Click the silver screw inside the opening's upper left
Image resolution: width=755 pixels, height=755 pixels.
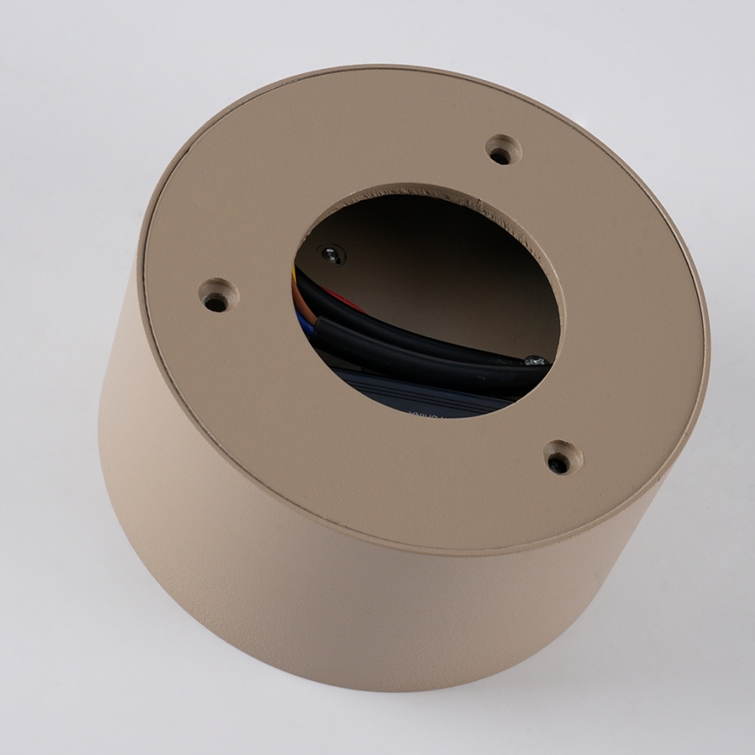tap(331, 254)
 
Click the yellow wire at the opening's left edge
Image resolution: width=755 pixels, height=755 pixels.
tap(295, 277)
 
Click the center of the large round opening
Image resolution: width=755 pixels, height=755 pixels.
tap(426, 300)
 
